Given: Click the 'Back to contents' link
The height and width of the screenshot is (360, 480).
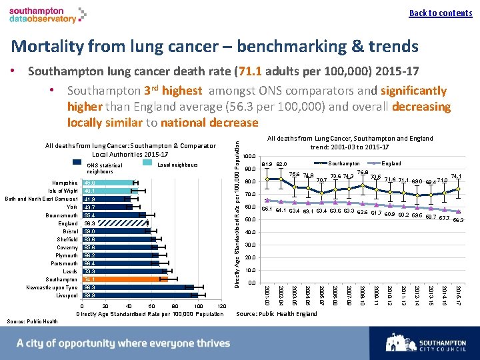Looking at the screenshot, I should click(440, 13).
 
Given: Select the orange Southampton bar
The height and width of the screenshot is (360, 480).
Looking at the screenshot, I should click(120, 279).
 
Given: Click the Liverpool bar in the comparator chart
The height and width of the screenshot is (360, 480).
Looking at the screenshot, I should click(133, 295).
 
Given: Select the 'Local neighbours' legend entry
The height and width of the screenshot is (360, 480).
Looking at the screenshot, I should click(170, 165).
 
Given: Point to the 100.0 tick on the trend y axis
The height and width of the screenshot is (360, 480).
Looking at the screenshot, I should click(247, 157).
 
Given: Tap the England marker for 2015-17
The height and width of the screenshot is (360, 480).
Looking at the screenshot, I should click(458, 212).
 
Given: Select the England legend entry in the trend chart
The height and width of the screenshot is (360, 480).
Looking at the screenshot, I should click(383, 163).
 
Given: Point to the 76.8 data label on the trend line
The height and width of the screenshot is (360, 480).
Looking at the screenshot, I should click(363, 173).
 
